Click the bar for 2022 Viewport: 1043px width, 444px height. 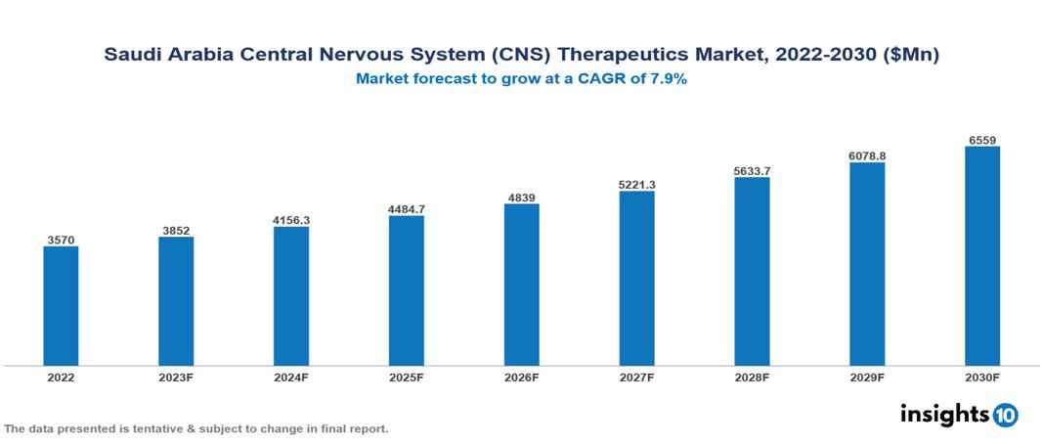61,306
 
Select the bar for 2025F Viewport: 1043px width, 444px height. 406,290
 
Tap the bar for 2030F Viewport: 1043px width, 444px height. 981,256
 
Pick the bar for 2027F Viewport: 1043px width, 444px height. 636,279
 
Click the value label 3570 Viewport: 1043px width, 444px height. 61,240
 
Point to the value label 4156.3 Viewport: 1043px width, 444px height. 291,220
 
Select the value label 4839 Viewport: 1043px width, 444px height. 521,198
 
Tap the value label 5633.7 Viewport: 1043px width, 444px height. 752,171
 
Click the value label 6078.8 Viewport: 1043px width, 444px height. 867,155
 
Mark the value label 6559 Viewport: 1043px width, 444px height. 981,140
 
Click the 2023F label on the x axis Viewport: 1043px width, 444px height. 176,377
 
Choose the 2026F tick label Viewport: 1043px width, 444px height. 521,377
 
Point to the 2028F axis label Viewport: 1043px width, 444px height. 752,377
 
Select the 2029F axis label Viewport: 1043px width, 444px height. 867,377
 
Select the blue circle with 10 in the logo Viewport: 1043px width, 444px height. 1005,416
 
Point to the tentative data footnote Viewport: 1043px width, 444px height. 196,429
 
